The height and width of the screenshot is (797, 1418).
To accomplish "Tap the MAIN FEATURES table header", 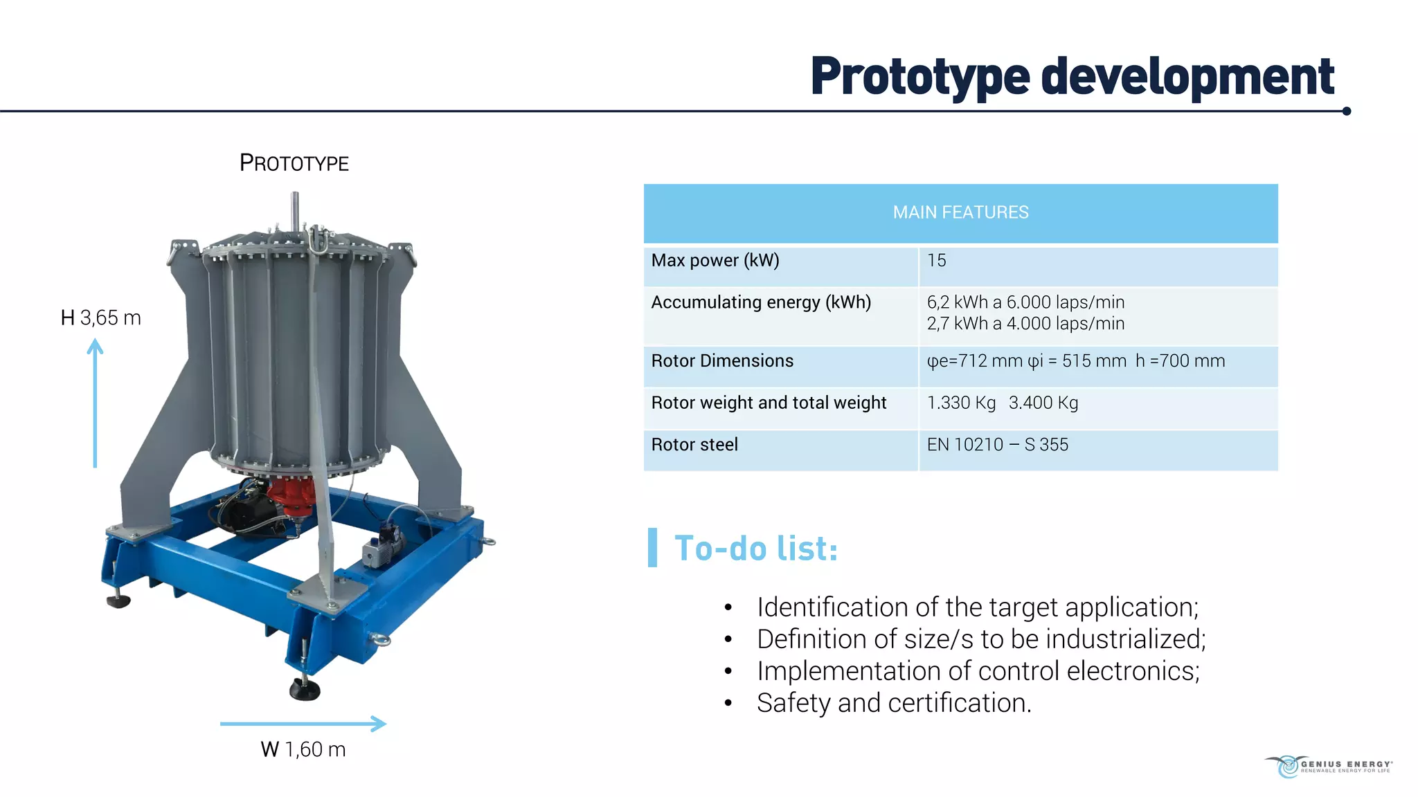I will point(960,212).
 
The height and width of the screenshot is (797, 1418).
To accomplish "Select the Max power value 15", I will point(936,261).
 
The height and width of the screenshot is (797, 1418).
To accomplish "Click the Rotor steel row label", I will point(694,445).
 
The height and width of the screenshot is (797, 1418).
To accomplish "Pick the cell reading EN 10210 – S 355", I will point(997,445).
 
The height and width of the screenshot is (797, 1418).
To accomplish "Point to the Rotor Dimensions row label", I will point(722,361).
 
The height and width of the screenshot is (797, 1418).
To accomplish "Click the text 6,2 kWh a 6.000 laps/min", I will point(1025,302).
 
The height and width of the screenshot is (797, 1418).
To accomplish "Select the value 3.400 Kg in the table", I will point(1043,403).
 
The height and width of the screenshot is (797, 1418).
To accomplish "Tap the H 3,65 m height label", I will point(101,318).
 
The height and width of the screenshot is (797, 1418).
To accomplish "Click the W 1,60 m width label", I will point(303,750).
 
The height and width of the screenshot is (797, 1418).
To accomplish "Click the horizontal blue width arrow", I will point(303,724).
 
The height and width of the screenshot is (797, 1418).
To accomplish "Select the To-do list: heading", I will point(756,549).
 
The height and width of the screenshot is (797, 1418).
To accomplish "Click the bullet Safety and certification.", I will point(894,704).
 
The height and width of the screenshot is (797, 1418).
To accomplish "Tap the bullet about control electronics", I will point(978,672).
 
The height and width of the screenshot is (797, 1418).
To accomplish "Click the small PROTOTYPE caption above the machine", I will point(294,163).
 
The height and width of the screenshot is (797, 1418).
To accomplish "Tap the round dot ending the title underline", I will point(1346,111).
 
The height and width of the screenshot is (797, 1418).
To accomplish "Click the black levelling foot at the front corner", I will point(305,689).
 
